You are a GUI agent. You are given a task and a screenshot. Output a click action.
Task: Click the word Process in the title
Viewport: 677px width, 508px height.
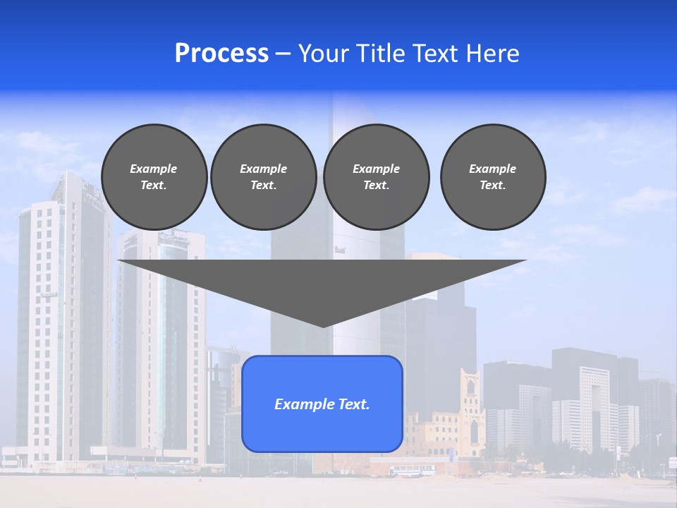[x=221, y=54]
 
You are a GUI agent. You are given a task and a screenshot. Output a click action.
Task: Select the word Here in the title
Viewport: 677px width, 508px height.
[x=493, y=54]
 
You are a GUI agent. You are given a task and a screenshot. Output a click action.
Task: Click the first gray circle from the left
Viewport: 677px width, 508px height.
[x=154, y=176]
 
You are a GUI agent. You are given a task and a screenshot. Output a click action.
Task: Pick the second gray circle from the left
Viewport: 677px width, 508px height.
[x=263, y=176]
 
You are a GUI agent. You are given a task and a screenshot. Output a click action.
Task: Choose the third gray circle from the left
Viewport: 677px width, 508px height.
[x=376, y=176]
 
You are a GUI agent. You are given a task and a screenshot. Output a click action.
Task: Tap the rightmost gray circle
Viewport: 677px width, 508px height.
[x=493, y=176]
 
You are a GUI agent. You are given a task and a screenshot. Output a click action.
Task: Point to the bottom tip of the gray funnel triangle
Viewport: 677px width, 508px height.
[x=323, y=326]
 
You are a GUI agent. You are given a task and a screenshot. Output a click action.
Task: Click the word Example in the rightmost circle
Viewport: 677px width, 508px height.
[x=493, y=169]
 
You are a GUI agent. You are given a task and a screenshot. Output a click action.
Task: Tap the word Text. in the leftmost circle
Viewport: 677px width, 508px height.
[x=154, y=186]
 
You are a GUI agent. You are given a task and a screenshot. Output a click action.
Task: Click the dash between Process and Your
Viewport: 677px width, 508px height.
[x=283, y=54]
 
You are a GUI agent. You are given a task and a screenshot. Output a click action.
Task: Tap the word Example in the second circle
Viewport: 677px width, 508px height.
[x=263, y=169]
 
